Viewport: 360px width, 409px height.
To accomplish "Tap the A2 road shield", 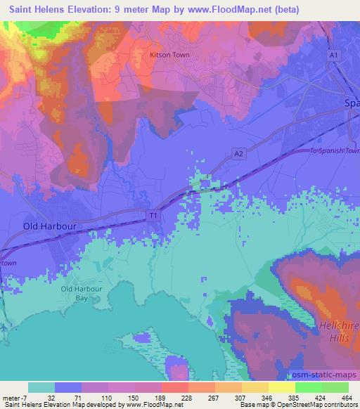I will [239, 152].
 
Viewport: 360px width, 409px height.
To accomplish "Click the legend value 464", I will [347, 397].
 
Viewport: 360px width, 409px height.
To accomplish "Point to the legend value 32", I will [52, 397].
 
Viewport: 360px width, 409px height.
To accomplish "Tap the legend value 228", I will [188, 397].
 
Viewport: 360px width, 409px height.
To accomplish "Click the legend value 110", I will [106, 397].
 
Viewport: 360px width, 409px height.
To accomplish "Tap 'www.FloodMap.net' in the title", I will [224, 10].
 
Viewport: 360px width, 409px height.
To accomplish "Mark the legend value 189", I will [161, 397].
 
